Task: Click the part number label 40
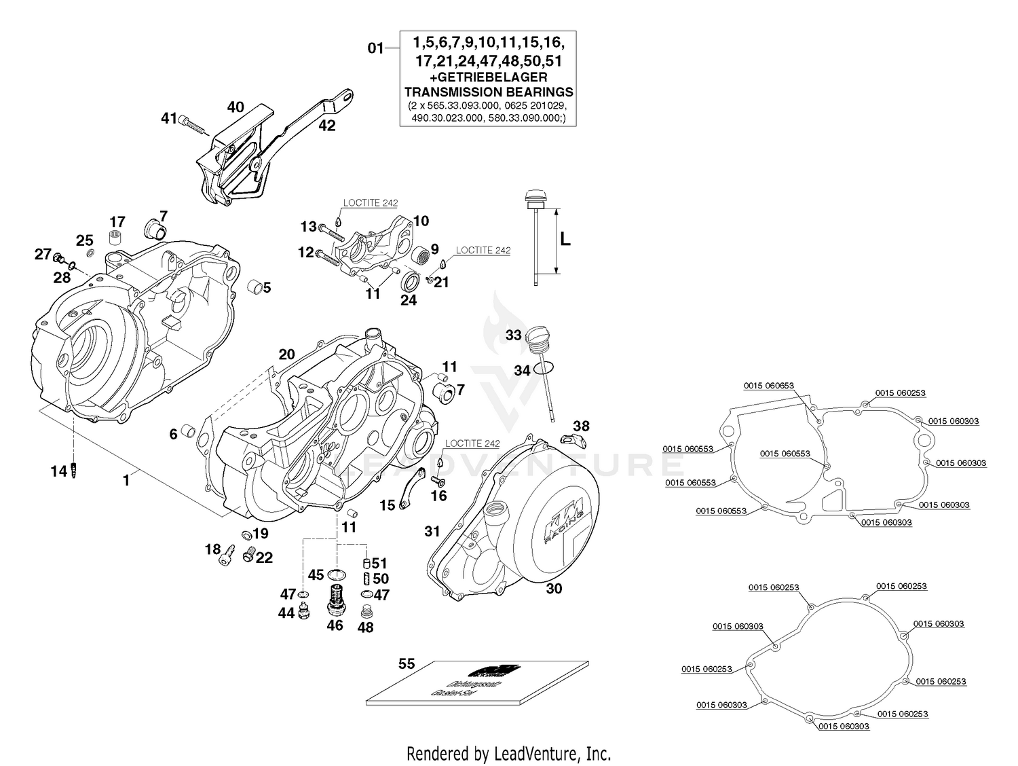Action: (235, 107)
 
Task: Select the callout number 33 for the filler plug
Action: (514, 335)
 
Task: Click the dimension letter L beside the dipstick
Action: (565, 239)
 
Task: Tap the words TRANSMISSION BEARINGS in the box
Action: (489, 92)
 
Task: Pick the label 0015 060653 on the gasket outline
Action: (768, 386)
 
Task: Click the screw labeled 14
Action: (75, 470)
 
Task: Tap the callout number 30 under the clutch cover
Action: (554, 589)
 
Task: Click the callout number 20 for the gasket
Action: (287, 354)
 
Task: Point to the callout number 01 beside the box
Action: (375, 48)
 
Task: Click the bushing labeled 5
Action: (254, 286)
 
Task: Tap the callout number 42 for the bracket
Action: (327, 126)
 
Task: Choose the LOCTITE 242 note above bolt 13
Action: (370, 203)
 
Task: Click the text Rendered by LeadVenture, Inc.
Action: (508, 753)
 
